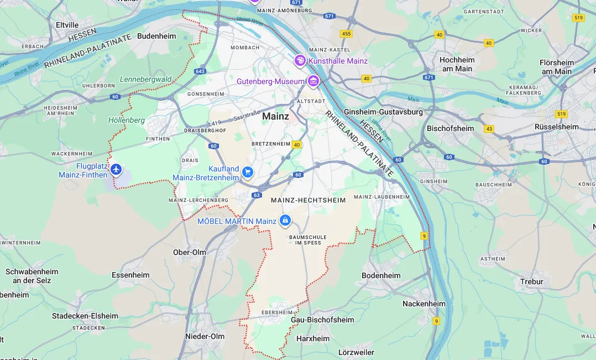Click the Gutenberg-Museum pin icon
point(313,81)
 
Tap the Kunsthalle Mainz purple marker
point(300,60)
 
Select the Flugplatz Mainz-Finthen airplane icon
point(116,169)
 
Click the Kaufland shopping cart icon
point(247,173)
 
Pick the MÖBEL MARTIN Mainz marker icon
point(285,221)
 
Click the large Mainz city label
point(275,117)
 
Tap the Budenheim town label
point(156,36)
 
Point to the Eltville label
point(67,25)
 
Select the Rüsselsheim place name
point(556,127)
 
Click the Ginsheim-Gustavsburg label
point(383,112)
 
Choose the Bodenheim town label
point(381,275)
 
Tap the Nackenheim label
point(424,304)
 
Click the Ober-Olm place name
point(189,252)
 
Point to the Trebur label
point(531,281)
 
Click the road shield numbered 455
point(346,34)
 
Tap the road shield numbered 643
point(200,71)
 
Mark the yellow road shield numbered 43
point(489,129)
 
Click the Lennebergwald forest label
point(145,79)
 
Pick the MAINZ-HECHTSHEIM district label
point(308,200)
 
